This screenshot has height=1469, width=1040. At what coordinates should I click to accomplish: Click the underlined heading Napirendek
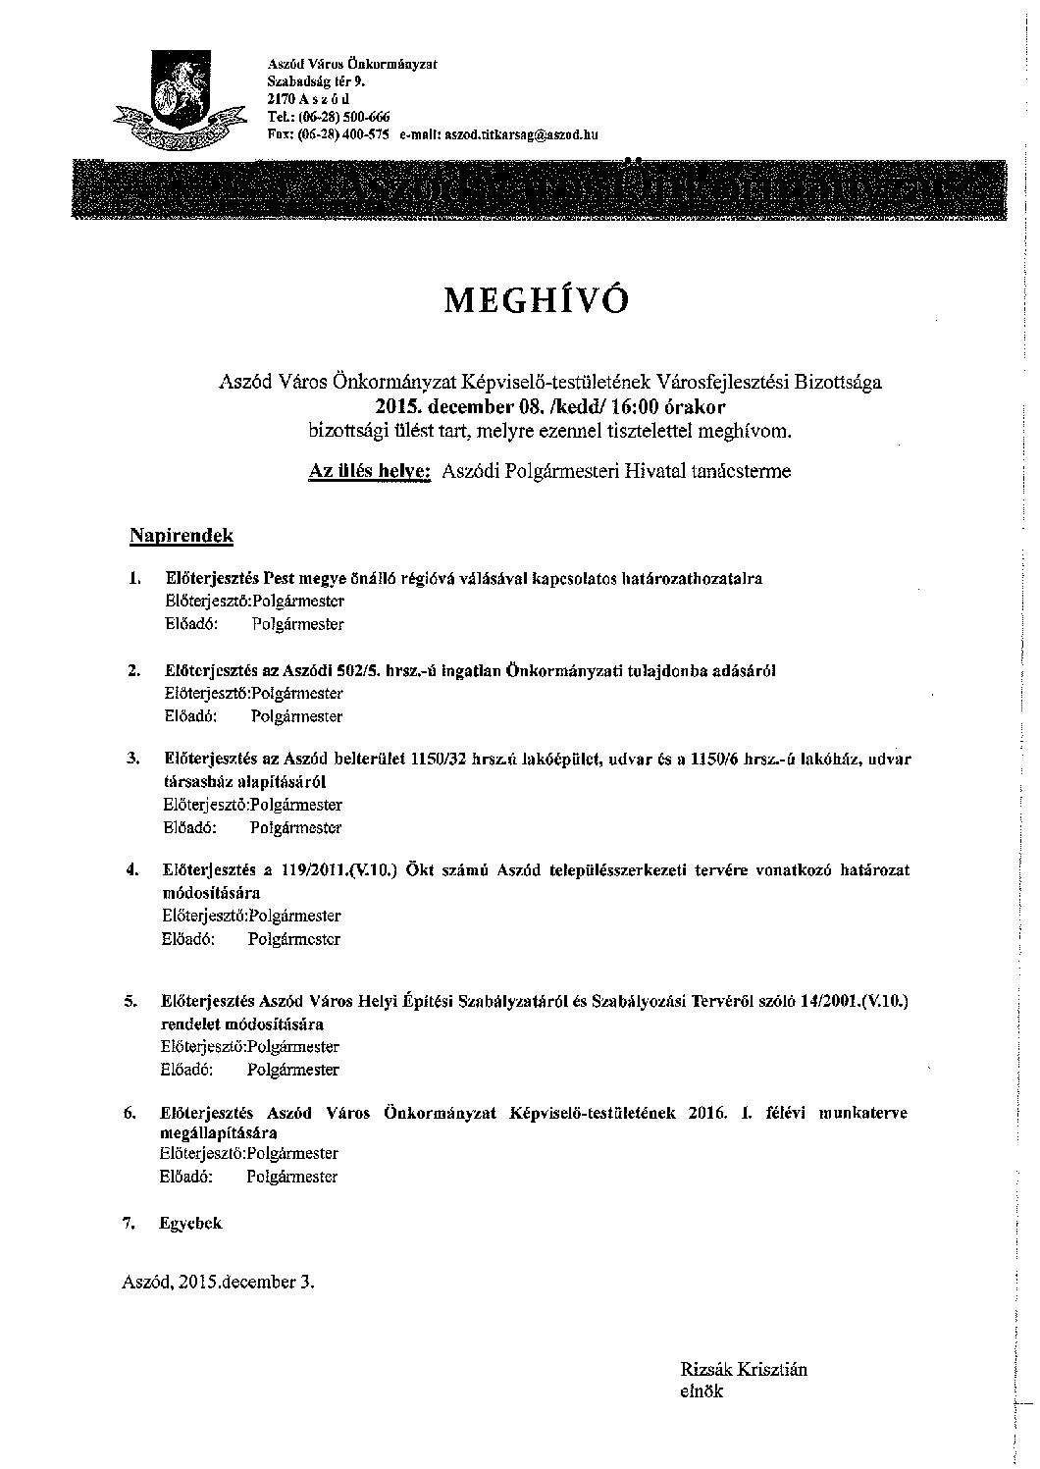pyautogui.click(x=182, y=536)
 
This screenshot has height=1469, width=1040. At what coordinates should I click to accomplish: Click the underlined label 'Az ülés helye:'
pyautogui.click(x=370, y=471)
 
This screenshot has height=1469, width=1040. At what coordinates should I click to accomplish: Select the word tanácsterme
pyautogui.click(x=747, y=471)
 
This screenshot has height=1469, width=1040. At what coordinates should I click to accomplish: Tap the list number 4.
pyautogui.click(x=131, y=870)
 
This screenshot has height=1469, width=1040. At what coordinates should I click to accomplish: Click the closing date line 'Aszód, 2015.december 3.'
pyautogui.click(x=219, y=1282)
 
